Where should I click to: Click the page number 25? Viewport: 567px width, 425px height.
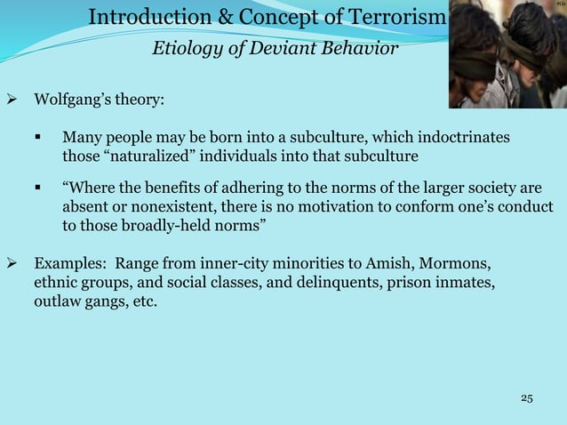coord(526,397)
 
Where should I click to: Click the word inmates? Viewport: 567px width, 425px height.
coord(465,283)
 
